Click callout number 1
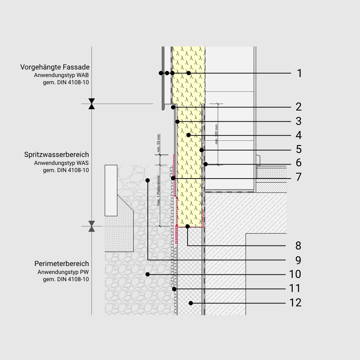pos(299,73)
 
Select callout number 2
pos(298,107)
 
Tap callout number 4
pos(298,135)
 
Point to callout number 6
pos(298,163)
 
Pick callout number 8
pos(298,246)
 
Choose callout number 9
pos(298,260)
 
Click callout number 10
pos(295,274)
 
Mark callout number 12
pos(295,303)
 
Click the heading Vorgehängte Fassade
pos(55,67)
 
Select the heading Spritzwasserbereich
pos(57,154)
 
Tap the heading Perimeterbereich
pos(59,264)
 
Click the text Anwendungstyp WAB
pos(61,75)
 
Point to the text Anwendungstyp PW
pos(63,272)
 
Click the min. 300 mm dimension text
pos(216,134)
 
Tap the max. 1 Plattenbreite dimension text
pos(159,191)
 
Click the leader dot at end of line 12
pos(191,303)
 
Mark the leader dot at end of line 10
pos(148,274)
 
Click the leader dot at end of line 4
pos(188,135)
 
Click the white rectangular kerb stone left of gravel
pos(111,190)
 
